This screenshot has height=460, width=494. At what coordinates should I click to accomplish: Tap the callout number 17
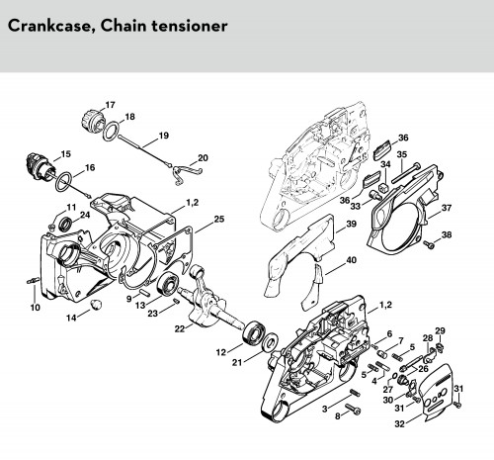[x=110, y=105]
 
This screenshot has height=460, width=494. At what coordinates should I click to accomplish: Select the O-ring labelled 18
[x=111, y=131]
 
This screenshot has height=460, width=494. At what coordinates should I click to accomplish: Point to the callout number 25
[x=219, y=219]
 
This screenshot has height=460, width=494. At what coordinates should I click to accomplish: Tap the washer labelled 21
[x=272, y=341]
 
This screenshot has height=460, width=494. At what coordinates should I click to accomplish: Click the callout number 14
[x=71, y=318]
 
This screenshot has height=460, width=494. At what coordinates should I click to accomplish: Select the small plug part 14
[x=97, y=304]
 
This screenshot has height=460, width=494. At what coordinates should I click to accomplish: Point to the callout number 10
[x=35, y=308]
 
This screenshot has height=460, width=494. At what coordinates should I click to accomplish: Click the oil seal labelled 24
[x=65, y=224]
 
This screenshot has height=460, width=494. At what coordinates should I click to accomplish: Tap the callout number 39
[x=351, y=224]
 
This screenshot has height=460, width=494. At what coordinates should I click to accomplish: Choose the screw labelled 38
[x=429, y=244]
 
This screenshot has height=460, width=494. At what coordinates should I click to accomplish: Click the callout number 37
[x=447, y=208]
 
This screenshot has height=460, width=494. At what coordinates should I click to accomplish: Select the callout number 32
[x=399, y=423]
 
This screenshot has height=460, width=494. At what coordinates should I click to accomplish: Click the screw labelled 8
[x=353, y=410]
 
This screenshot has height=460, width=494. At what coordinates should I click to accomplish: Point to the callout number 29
[x=440, y=330]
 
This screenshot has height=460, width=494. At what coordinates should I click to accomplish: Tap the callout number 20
[x=203, y=157]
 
